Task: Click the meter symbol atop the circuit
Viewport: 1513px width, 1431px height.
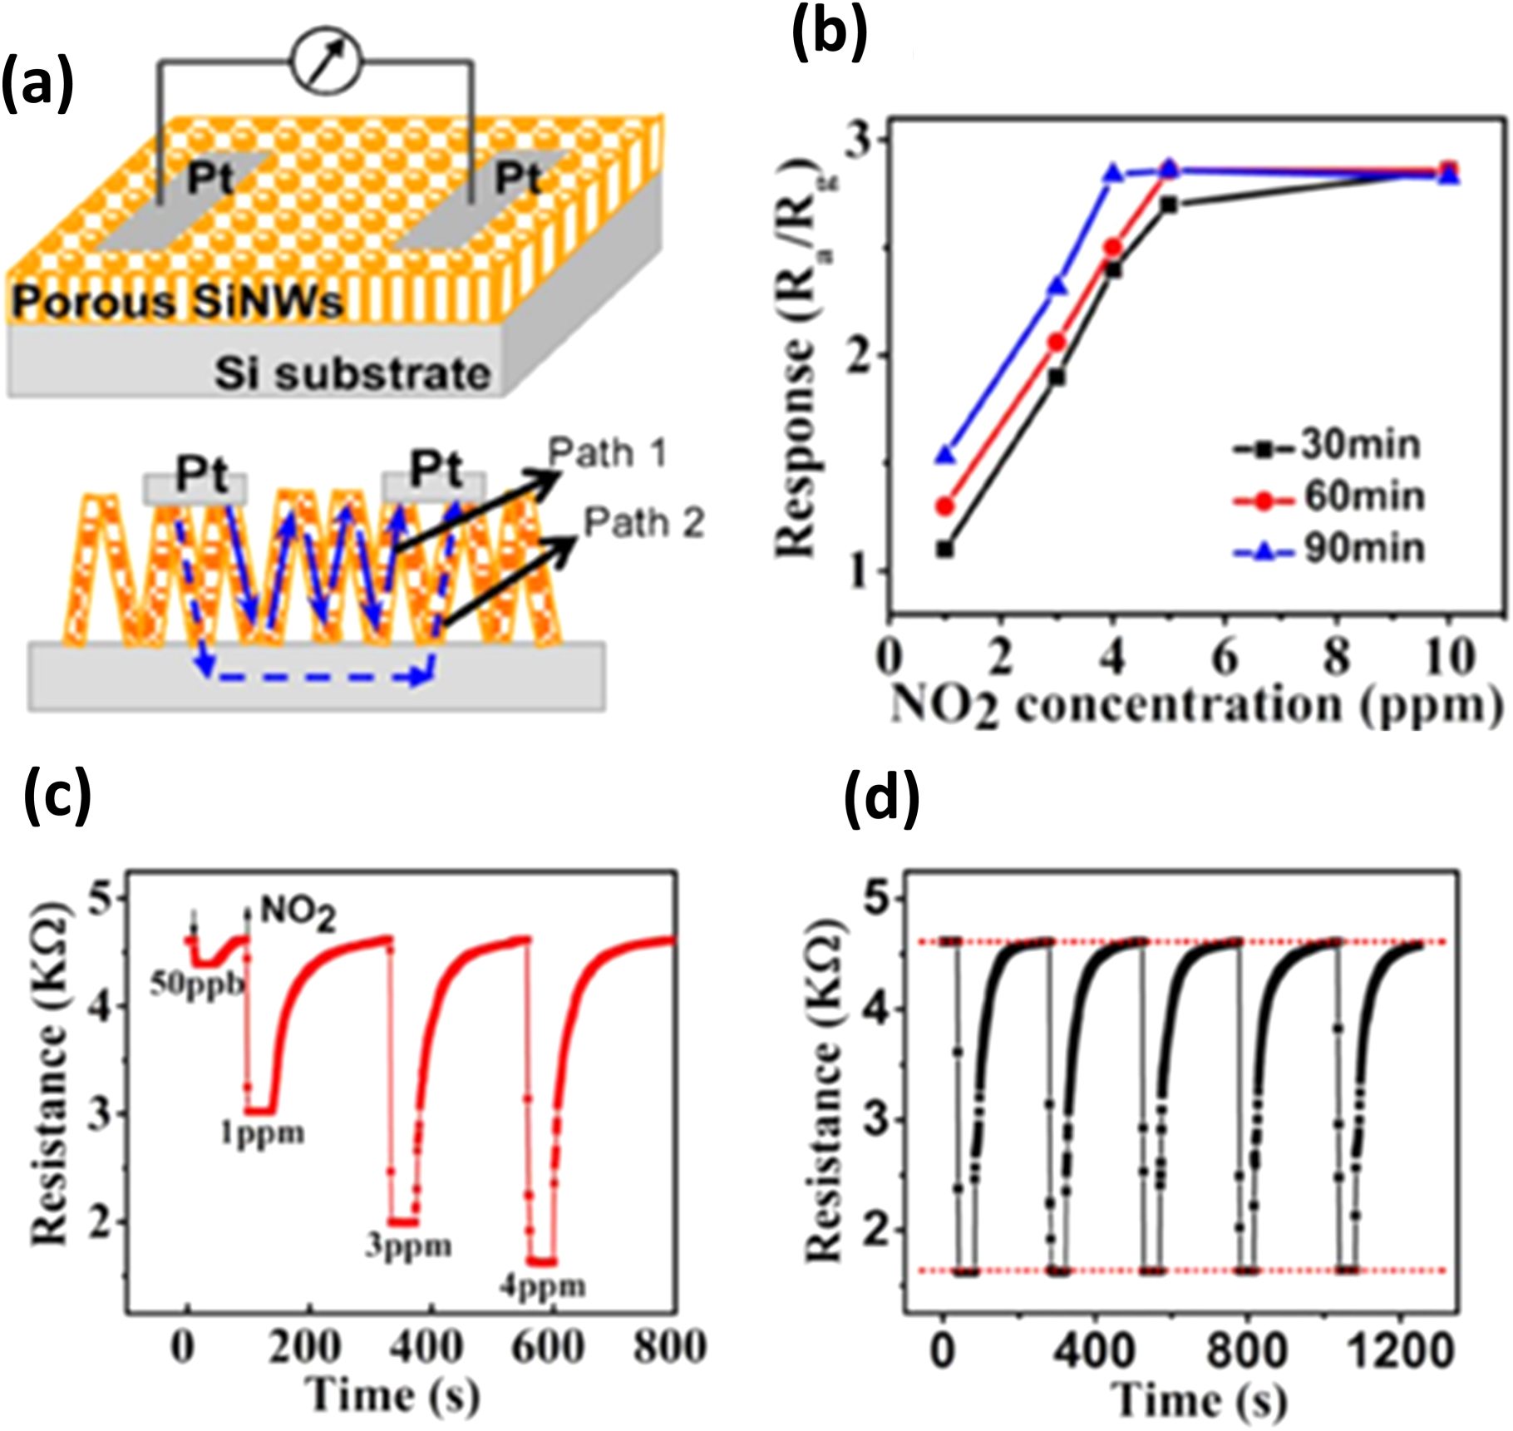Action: pos(326,62)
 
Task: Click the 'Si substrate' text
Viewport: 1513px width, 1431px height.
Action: pos(352,374)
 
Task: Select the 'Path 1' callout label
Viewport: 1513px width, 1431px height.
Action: pos(608,454)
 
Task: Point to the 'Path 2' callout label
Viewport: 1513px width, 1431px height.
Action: pos(643,524)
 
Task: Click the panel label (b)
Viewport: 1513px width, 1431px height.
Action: pos(829,32)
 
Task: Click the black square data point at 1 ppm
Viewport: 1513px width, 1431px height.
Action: pos(944,549)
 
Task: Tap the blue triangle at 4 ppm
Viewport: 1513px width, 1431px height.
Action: pos(1113,173)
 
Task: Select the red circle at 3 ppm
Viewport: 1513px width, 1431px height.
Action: pos(1057,342)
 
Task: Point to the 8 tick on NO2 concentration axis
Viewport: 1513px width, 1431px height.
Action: pos(1336,657)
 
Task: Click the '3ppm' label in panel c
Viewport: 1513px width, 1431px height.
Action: pos(408,1247)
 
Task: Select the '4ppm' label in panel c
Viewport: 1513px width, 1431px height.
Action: pos(543,1287)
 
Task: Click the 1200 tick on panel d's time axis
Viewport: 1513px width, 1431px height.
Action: pos(1401,1352)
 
